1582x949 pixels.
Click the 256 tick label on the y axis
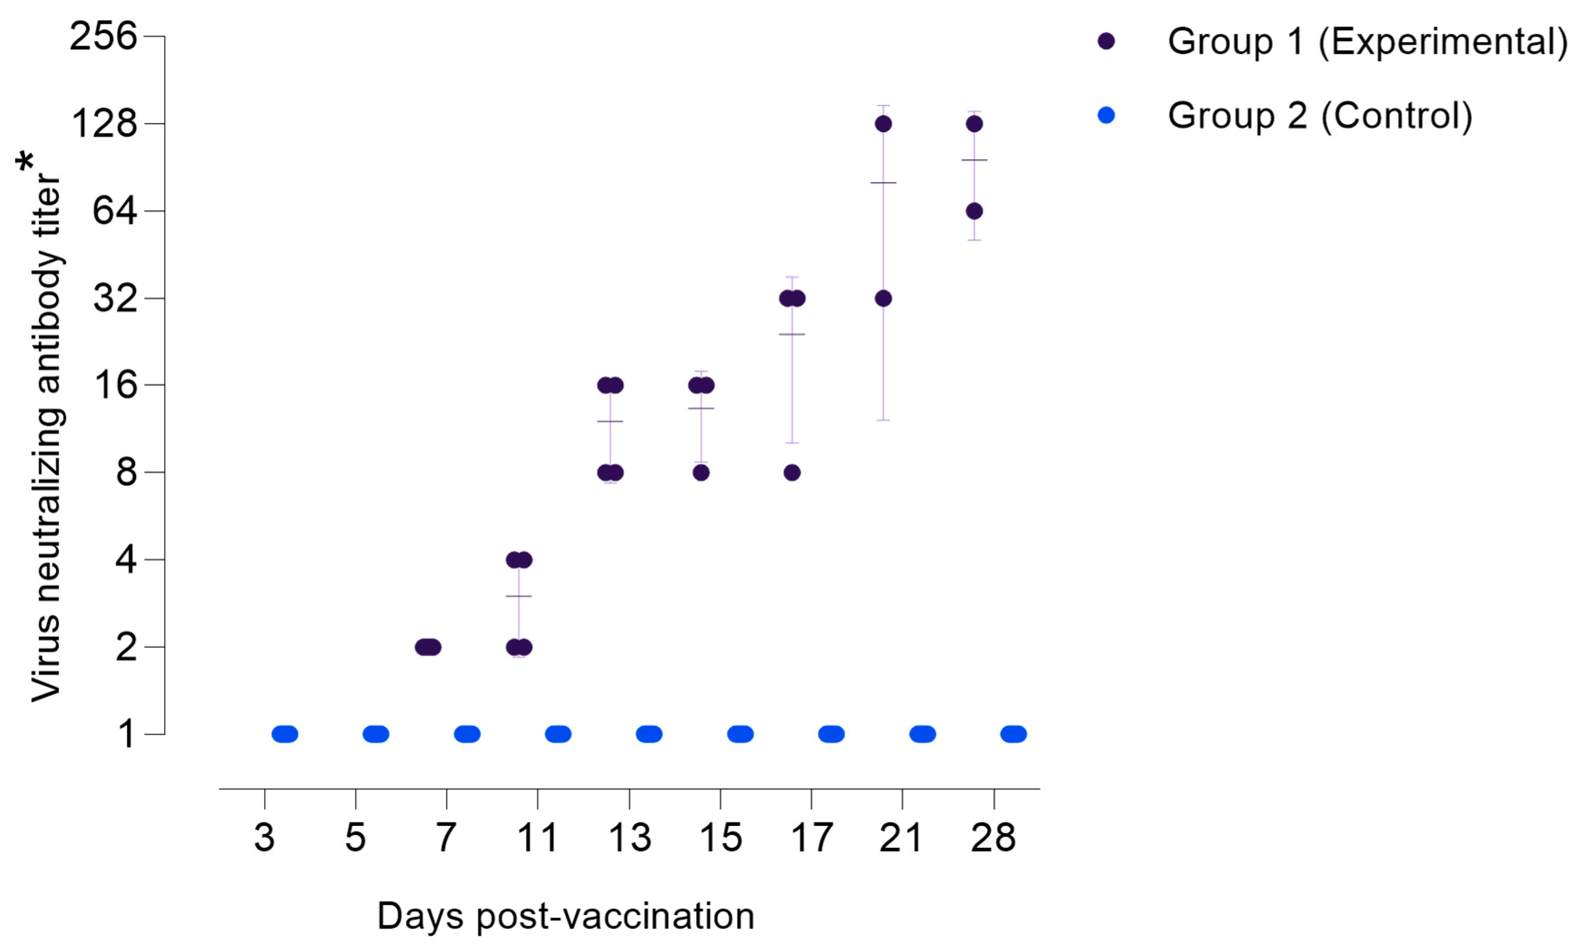coord(103,36)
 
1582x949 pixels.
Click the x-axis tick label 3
coord(264,838)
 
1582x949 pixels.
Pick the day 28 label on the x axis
coord(993,838)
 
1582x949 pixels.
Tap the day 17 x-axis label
coord(812,838)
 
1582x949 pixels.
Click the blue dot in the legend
coord(1106,115)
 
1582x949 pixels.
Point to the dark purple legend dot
coord(1106,42)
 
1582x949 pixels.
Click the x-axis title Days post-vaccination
coord(566,916)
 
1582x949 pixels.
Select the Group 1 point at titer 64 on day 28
coord(974,211)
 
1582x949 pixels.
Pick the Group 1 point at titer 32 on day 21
coord(883,299)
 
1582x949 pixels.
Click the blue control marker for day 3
coord(285,734)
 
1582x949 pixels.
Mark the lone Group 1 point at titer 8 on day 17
coord(792,473)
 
